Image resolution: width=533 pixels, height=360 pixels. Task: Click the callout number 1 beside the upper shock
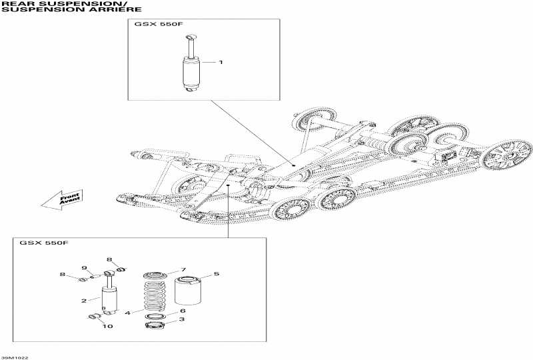pyautogui.click(x=221, y=62)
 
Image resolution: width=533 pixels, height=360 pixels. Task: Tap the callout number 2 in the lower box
pyautogui.click(x=84, y=301)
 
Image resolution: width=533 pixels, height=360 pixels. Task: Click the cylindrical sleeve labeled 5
pyautogui.click(x=188, y=291)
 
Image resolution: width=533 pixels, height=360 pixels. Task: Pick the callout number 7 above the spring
pyautogui.click(x=183, y=269)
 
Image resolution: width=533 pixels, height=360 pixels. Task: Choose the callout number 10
pyautogui.click(x=108, y=326)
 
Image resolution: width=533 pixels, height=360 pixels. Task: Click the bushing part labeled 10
pyautogui.click(x=95, y=316)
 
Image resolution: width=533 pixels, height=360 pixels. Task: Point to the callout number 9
pyautogui.click(x=85, y=268)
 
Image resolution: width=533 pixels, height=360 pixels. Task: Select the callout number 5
pyautogui.click(x=216, y=274)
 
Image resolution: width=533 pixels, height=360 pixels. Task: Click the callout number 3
pyautogui.click(x=183, y=320)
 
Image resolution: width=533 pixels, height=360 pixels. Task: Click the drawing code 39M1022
pyautogui.click(x=15, y=357)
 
